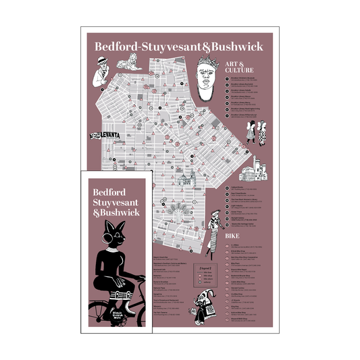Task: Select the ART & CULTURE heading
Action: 245,66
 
